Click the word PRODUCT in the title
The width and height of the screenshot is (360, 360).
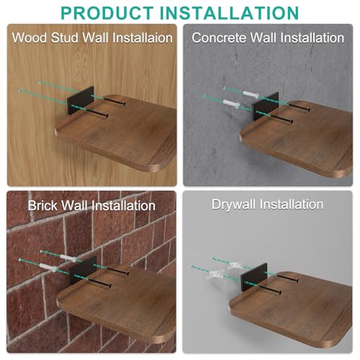(107, 13)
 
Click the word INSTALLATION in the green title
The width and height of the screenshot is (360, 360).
(229, 13)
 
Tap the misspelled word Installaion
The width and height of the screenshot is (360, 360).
(143, 38)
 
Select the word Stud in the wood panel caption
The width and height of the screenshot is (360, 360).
(65, 38)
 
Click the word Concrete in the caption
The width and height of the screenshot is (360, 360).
(219, 38)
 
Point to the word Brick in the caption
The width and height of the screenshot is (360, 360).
(42, 205)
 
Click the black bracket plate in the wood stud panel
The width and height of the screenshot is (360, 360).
(81, 100)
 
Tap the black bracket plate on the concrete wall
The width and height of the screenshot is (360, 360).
(265, 106)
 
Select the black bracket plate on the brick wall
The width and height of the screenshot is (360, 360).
(83, 270)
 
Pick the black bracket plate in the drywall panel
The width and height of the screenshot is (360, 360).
(254, 277)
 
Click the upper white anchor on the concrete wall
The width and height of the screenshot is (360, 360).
(251, 94)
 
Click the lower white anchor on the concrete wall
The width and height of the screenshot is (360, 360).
(231, 104)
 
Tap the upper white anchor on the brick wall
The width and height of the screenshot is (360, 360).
(68, 258)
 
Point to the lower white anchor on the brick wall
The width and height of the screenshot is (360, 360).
(48, 267)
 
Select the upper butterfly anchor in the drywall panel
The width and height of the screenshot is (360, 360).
(234, 265)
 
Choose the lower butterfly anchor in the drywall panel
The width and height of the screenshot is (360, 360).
(214, 274)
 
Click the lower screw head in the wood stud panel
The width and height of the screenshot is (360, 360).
(107, 116)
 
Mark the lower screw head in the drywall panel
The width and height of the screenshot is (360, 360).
(279, 292)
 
